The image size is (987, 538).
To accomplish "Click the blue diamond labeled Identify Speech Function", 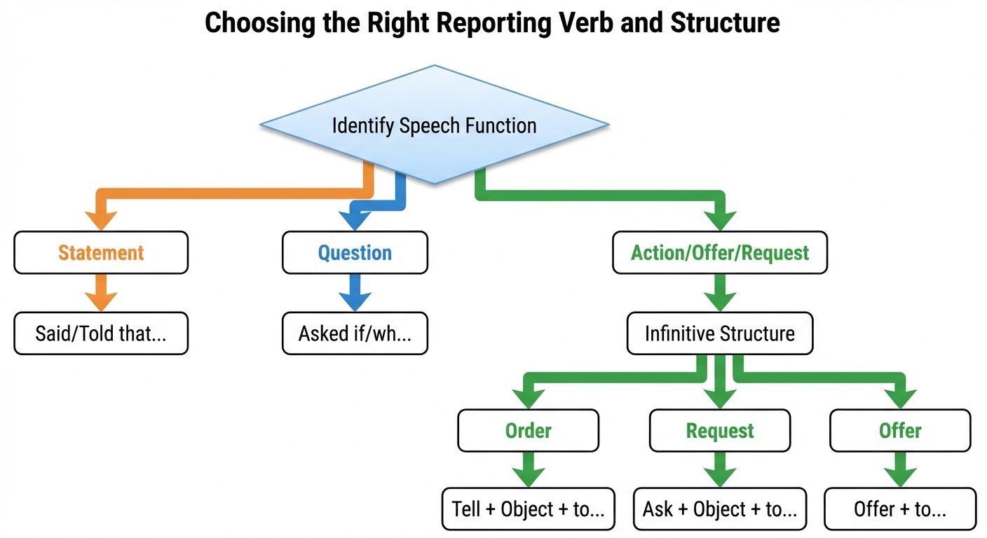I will pyautogui.click(x=434, y=125).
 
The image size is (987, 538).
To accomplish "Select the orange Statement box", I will pyautogui.click(x=101, y=252).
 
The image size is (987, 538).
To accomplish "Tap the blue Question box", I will pyautogui.click(x=355, y=252).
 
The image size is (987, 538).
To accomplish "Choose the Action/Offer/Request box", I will pyautogui.click(x=720, y=252).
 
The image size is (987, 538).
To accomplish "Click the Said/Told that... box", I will pyautogui.click(x=101, y=333).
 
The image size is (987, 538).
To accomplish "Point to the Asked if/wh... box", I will pyautogui.click(x=355, y=333).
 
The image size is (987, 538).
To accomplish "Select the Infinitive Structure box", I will pyautogui.click(x=720, y=333).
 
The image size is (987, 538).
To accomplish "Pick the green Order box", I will pyautogui.click(x=528, y=430).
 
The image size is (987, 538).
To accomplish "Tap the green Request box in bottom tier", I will pyautogui.click(x=720, y=430).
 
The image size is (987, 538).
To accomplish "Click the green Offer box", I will pyautogui.click(x=900, y=430).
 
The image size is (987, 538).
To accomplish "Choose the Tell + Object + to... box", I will pyautogui.click(x=528, y=509).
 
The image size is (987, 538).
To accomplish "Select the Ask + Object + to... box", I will pyautogui.click(x=720, y=509).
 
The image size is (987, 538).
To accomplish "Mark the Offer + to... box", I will pyautogui.click(x=900, y=509).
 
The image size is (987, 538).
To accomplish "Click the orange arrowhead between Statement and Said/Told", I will pyautogui.click(x=101, y=300).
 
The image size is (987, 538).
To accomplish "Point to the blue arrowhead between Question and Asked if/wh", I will pyautogui.click(x=355, y=300).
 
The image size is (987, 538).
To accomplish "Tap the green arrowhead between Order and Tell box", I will pyautogui.click(x=528, y=476).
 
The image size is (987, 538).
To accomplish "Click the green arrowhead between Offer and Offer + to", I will pyautogui.click(x=900, y=476).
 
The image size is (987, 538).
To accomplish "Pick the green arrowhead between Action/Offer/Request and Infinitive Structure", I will pyautogui.click(x=720, y=300).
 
